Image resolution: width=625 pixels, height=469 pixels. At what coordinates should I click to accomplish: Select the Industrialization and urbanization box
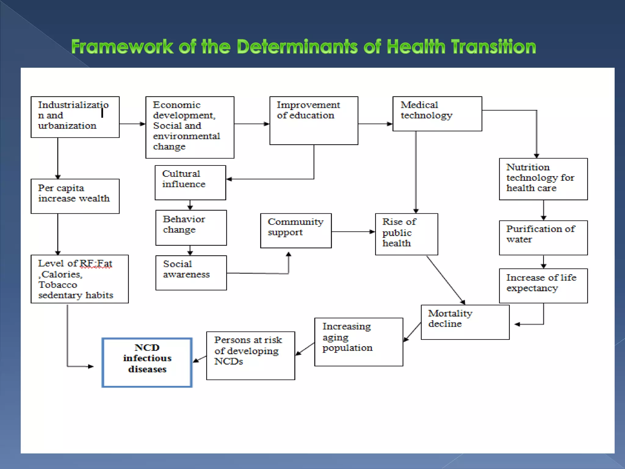pyautogui.click(x=75, y=117)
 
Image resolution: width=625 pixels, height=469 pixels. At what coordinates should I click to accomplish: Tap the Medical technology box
pyautogui.click(x=437, y=114)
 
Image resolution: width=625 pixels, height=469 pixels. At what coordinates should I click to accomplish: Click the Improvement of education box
pyautogui.click(x=314, y=121)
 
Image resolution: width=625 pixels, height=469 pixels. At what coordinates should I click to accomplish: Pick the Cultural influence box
pyautogui.click(x=190, y=183)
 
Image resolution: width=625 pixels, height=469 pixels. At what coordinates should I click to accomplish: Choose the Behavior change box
pyautogui.click(x=191, y=227)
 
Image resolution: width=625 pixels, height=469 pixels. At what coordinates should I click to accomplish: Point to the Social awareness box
pyautogui.click(x=191, y=273)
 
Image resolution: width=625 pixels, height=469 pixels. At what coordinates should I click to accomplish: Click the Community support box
pyautogui.click(x=296, y=231)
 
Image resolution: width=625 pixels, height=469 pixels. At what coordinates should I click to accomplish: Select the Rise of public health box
pyautogui.click(x=406, y=234)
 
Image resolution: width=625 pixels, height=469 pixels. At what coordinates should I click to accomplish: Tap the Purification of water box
pyautogui.click(x=543, y=238)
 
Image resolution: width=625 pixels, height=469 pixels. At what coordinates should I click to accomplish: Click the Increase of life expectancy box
pyautogui.click(x=543, y=285)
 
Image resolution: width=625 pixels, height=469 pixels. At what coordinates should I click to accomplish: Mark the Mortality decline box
pyautogui.click(x=465, y=322)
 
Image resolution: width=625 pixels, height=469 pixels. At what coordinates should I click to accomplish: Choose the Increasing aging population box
pyautogui.click(x=359, y=342)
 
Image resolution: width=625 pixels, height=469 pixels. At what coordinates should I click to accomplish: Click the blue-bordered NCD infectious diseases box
pyautogui.click(x=147, y=362)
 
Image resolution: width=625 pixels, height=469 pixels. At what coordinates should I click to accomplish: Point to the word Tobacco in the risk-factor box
pyautogui.click(x=58, y=285)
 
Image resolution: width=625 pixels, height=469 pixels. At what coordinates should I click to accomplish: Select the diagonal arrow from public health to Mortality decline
pyautogui.click(x=445, y=280)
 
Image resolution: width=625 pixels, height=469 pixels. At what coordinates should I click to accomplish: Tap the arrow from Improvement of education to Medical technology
pyautogui.click(x=375, y=124)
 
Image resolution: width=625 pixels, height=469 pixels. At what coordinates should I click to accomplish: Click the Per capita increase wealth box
pyautogui.click(x=75, y=196)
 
